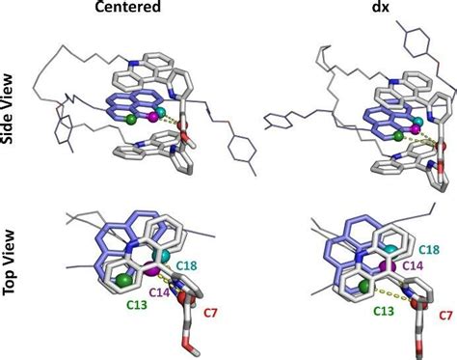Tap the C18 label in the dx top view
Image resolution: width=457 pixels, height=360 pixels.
[429, 248]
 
